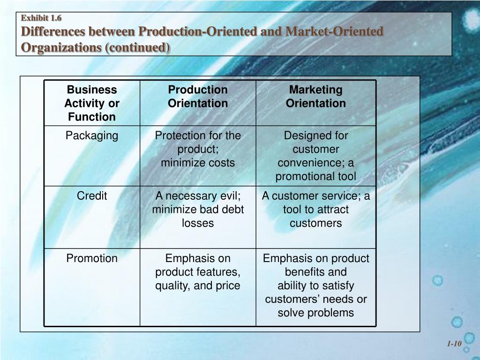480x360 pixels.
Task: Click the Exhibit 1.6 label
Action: [x=42, y=18]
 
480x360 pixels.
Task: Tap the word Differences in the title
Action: [x=54, y=32]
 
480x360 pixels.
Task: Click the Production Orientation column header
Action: [x=198, y=97]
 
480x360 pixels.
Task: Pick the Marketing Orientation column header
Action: [x=315, y=97]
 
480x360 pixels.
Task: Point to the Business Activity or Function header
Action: [x=92, y=103]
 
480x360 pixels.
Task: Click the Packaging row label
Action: [x=92, y=136]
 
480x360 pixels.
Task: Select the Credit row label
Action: [x=92, y=196]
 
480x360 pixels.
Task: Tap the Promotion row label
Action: [x=92, y=258]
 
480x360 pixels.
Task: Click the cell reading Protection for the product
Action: [x=198, y=149]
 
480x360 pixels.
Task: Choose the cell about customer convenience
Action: [x=315, y=156]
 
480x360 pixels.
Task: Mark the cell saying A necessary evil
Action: [x=198, y=209]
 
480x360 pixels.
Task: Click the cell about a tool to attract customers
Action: [x=315, y=209]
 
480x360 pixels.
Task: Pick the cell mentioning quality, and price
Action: [x=198, y=272]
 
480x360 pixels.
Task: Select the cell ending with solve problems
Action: [x=315, y=285]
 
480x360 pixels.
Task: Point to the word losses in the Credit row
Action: [x=198, y=223]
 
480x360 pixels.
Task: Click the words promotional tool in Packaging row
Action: [x=315, y=177]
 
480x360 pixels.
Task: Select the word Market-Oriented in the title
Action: [x=335, y=32]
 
